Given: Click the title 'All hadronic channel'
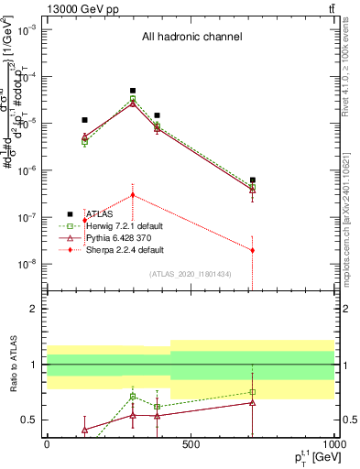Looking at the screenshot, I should click(191, 38).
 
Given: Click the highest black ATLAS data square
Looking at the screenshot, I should click(133, 91).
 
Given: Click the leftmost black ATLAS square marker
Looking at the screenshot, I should click(85, 120).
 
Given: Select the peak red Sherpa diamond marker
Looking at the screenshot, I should click(133, 195).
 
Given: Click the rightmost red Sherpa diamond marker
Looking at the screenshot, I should click(253, 250).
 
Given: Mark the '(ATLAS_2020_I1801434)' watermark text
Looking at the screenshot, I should click(191, 274).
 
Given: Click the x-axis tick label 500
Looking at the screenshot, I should click(191, 444).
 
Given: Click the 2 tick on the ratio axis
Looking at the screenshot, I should click(35, 309).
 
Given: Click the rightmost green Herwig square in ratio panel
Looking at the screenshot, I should click(253, 392).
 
